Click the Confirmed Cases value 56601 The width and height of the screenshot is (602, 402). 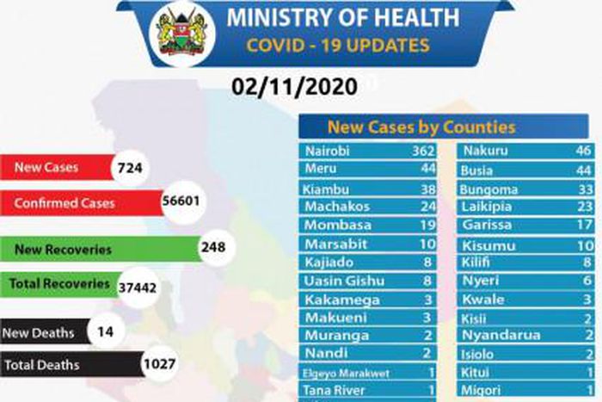coord(181,203)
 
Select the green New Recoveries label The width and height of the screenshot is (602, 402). coord(64,249)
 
